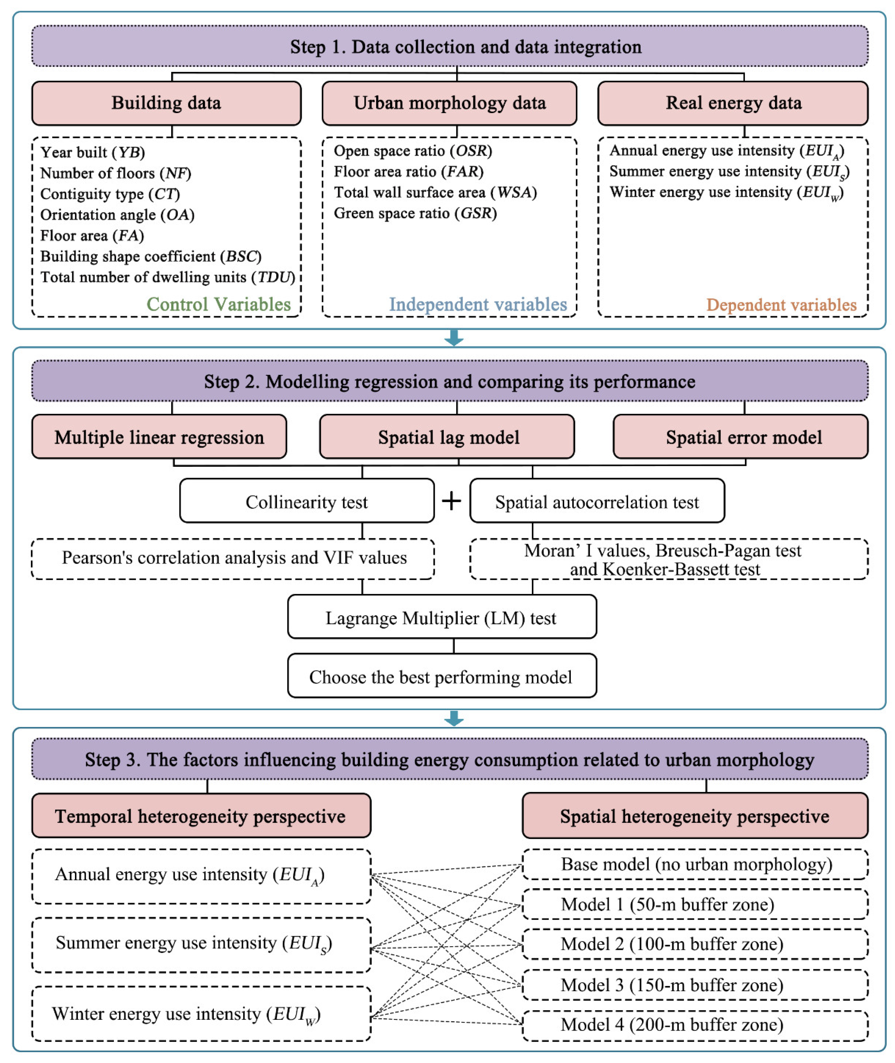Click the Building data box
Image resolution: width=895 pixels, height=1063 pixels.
pyautogui.click(x=166, y=103)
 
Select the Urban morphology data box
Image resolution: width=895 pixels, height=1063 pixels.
pyautogui.click(x=450, y=103)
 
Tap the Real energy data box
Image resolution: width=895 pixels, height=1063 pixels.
pyautogui.click(x=733, y=103)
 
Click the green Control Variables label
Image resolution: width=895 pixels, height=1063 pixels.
pyautogui.click(x=219, y=304)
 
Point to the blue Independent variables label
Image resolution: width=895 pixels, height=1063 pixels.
pyautogui.click(x=477, y=304)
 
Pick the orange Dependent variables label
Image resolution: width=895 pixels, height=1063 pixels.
pyautogui.click(x=781, y=305)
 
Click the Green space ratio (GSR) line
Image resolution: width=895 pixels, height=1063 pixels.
pyautogui.click(x=415, y=213)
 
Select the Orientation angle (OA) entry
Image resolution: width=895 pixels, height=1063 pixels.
pyautogui.click(x=117, y=215)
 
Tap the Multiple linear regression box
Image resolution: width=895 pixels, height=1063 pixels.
pyautogui.click(x=159, y=437)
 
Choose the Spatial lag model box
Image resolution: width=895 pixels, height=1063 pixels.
pyautogui.click(x=447, y=437)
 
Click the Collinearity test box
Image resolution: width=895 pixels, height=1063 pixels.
pyautogui.click(x=307, y=502)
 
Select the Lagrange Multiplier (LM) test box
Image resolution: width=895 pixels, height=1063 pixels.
pyautogui.click(x=441, y=618)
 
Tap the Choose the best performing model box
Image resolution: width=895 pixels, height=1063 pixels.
pyautogui.click(x=441, y=677)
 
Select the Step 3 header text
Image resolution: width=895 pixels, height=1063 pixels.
pyautogui.click(x=450, y=759)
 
